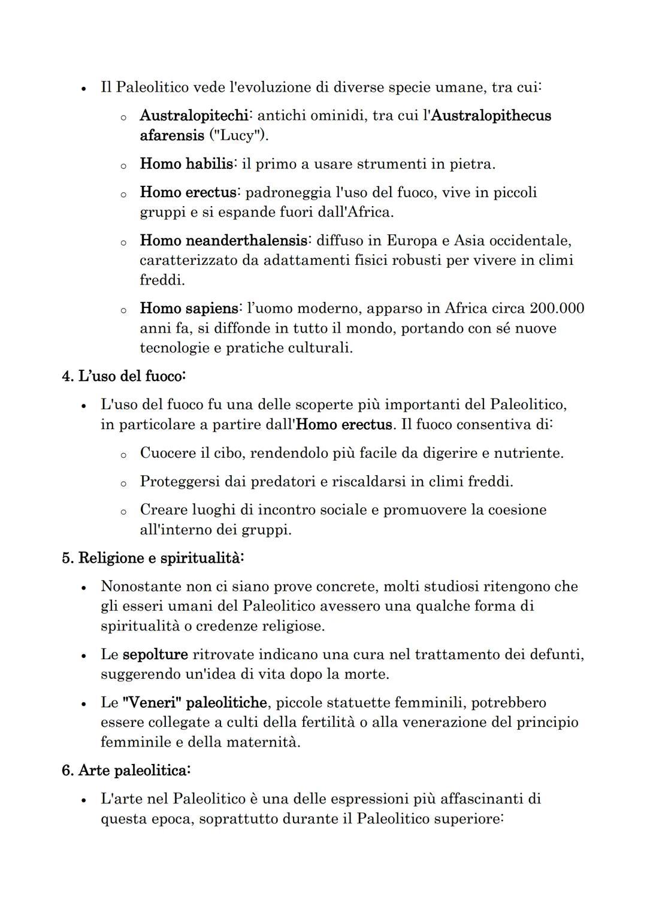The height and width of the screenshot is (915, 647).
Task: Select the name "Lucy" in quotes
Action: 238,135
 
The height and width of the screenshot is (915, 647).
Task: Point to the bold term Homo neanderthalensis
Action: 225,241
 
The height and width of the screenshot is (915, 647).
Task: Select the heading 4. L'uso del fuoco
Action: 124,376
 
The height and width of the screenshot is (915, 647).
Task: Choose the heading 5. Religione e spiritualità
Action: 153,558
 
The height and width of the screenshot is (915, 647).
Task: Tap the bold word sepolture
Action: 155,654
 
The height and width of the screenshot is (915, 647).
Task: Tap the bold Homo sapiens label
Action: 189,309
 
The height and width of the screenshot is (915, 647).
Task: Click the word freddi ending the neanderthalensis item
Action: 162,280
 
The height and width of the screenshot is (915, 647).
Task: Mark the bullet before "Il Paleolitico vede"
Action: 83,88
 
